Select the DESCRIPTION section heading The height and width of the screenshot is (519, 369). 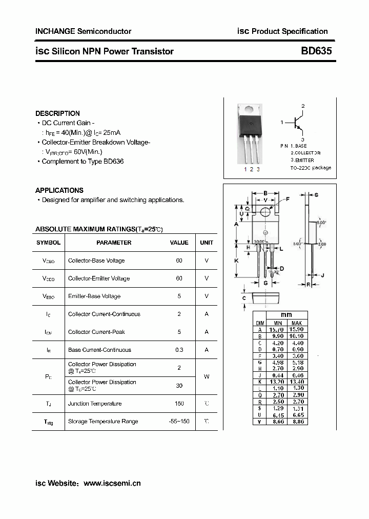[57, 113]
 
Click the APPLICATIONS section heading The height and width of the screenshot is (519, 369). [59, 190]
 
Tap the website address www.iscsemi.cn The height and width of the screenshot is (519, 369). [112, 483]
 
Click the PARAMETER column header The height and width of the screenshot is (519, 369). [114, 243]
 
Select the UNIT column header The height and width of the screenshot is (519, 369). [207, 243]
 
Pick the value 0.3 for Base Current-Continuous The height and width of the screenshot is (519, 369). [179, 350]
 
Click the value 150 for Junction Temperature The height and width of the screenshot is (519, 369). [179, 404]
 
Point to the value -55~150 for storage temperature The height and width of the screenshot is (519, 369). [179, 422]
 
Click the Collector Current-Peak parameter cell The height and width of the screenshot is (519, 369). [96, 332]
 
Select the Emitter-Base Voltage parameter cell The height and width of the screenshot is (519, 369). [94, 296]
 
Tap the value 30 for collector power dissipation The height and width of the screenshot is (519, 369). [179, 386]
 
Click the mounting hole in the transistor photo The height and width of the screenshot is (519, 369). [249, 109]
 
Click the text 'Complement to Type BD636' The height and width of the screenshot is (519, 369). [83, 162]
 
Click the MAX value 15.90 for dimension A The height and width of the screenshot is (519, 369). [296, 329]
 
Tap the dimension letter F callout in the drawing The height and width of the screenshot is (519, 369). [288, 198]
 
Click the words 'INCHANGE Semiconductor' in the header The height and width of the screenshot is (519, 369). [83, 31]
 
